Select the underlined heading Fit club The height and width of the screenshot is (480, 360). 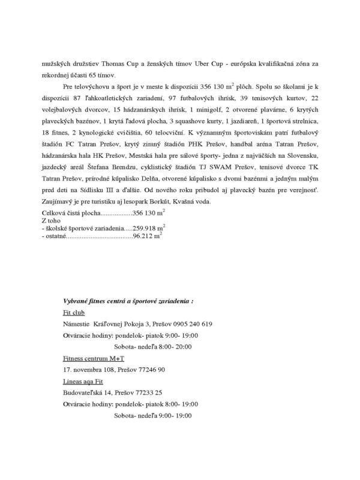(x=74, y=312)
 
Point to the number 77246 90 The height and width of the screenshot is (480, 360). (x=145, y=370)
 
